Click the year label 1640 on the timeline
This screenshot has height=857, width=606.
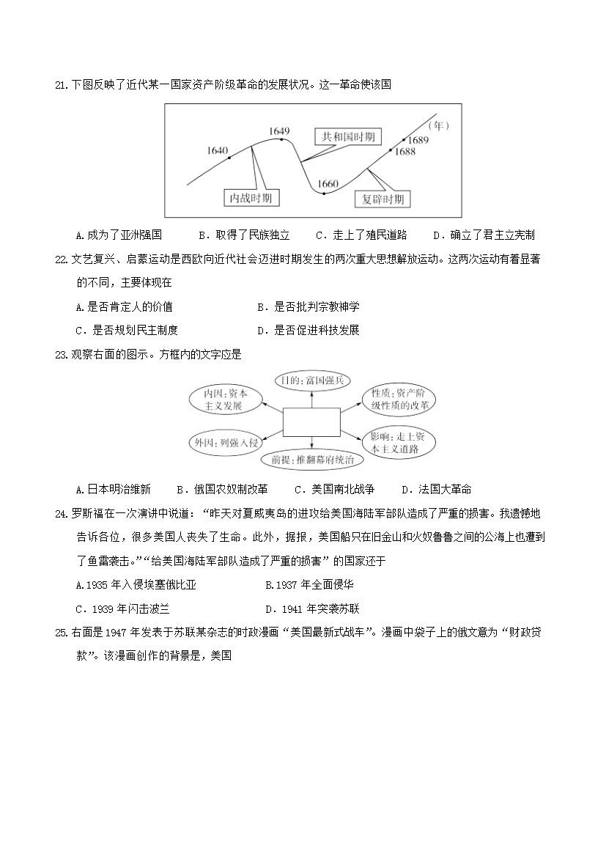[218, 150]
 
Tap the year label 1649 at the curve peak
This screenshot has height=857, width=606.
[280, 130]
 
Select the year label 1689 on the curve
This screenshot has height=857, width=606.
[418, 140]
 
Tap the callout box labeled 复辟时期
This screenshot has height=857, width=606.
[383, 199]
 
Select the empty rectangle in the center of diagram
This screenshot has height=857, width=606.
[311, 422]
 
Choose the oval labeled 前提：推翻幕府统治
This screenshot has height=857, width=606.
[312, 460]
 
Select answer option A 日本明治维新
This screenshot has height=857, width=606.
[114, 489]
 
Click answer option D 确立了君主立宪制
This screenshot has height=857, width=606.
[484, 235]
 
